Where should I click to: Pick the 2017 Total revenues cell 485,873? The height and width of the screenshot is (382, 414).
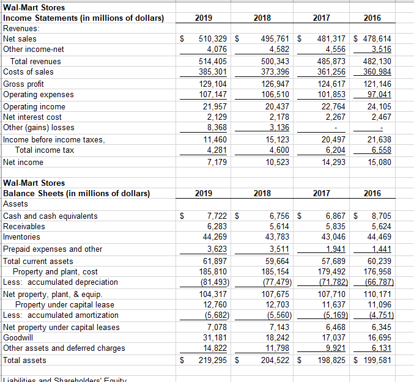click(330, 61)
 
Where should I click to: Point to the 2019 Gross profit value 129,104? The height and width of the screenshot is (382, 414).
click(211, 84)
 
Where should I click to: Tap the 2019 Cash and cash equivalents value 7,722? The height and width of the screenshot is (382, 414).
click(215, 216)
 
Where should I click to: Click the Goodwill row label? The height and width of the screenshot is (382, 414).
click(20, 337)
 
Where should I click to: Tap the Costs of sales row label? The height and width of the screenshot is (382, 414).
click(28, 72)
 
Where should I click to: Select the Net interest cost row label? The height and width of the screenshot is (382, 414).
click(32, 117)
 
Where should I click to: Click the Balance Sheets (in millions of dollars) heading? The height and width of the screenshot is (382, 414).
click(76, 194)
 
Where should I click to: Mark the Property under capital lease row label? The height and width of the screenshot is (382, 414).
click(64, 304)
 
